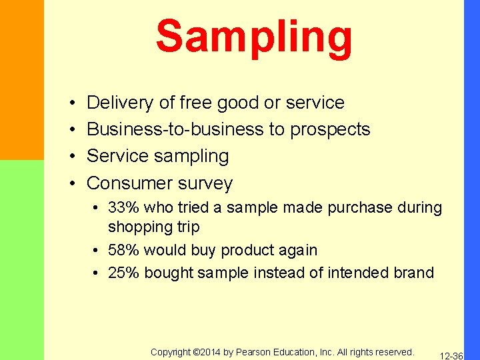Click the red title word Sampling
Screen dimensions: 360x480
pos(254,37)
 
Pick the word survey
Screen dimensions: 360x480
pos(207,183)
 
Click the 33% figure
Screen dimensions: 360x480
pos(124,207)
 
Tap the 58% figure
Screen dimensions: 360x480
pos(124,250)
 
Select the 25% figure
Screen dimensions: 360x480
pos(124,272)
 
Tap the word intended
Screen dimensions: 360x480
pos(353,272)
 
